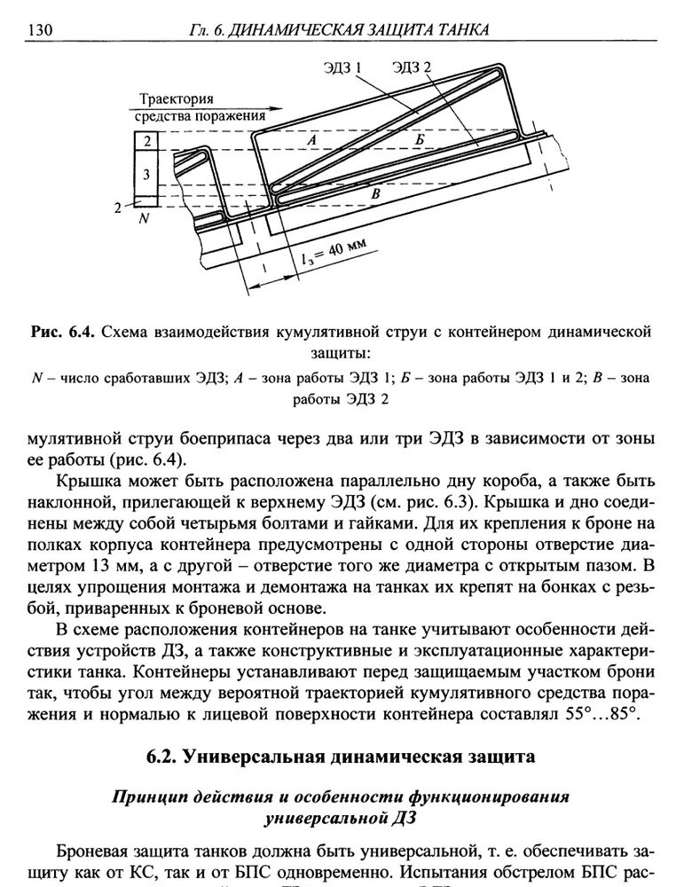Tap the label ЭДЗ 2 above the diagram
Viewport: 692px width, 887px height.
click(x=410, y=67)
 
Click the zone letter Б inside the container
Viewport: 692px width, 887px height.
click(x=419, y=141)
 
